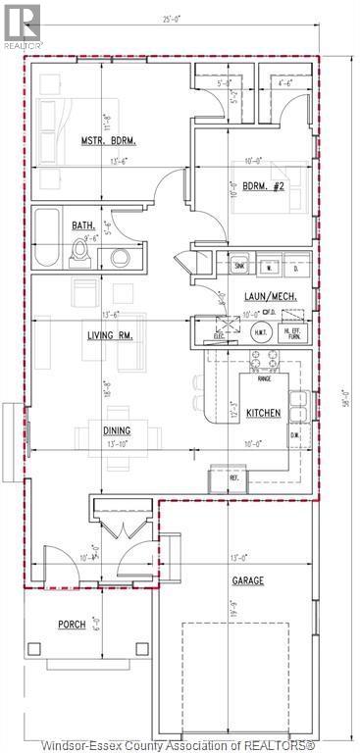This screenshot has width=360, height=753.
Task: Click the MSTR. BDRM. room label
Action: pyautogui.click(x=108, y=141)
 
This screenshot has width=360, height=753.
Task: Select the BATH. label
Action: pyautogui.click(x=82, y=226)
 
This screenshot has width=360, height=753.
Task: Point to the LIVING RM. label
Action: pyautogui.click(x=108, y=335)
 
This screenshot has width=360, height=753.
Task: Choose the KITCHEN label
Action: pyautogui.click(x=263, y=413)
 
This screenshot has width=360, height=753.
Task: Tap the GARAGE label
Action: pyautogui.click(x=248, y=580)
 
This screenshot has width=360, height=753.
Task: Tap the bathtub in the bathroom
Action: pyautogui.click(x=45, y=239)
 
